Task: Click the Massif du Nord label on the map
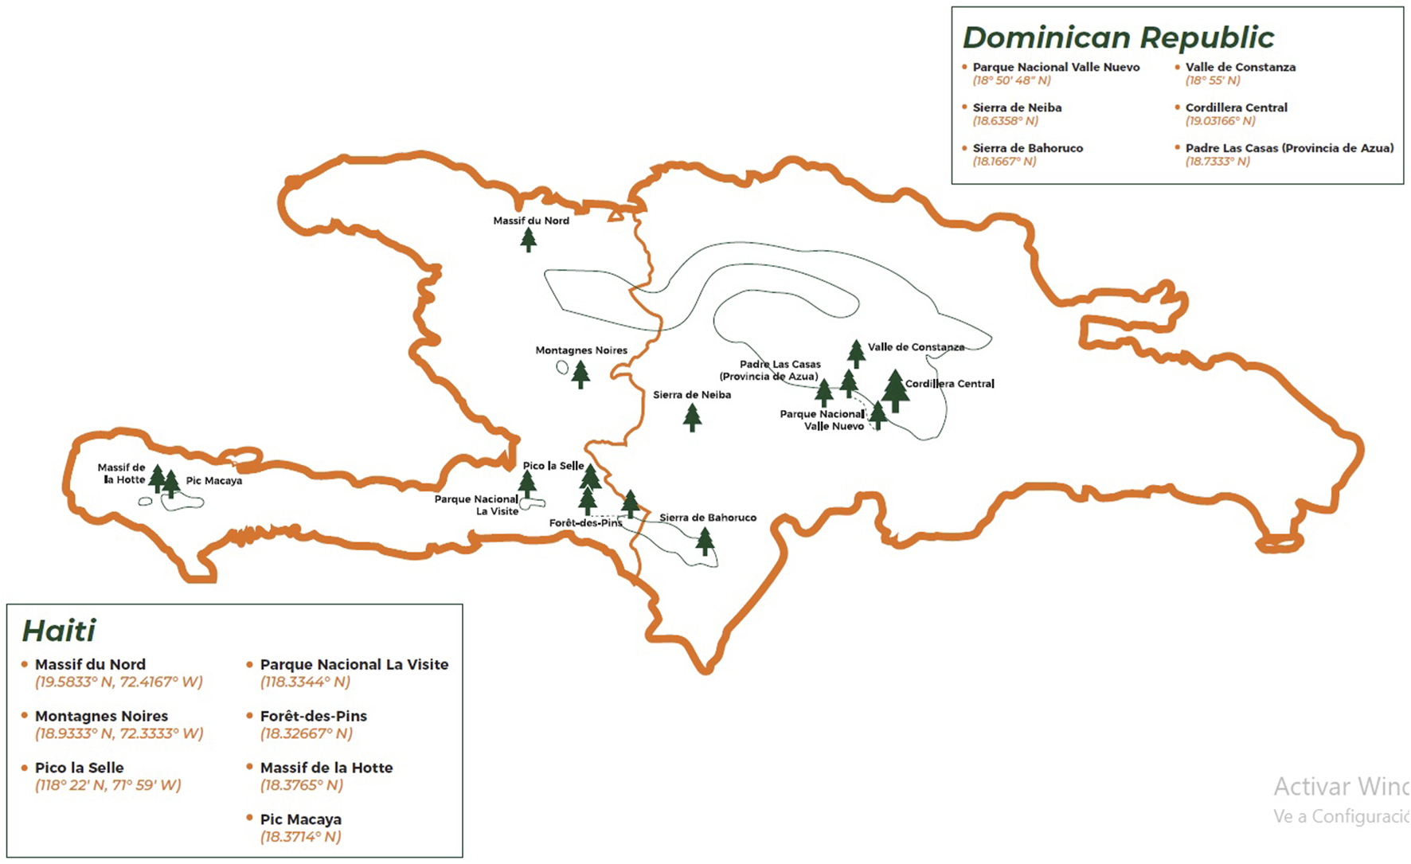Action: tap(531, 221)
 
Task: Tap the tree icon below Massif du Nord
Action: tap(528, 239)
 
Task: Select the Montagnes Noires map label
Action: tap(581, 350)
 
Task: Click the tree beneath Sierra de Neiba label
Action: tap(692, 416)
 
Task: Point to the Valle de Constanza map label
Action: tap(916, 347)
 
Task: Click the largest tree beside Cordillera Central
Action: tap(895, 390)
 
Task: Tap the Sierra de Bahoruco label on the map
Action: tap(708, 518)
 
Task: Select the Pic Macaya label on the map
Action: tap(214, 481)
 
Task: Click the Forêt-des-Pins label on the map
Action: tap(586, 523)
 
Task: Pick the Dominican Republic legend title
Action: tap(1118, 37)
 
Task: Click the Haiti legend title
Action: tap(59, 631)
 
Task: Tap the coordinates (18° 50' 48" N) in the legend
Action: tap(1011, 80)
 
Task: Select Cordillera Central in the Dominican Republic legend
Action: tap(1236, 108)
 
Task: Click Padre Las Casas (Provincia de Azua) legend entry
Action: tap(1289, 148)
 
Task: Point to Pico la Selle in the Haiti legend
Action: tap(80, 768)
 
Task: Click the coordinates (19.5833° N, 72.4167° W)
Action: tap(119, 682)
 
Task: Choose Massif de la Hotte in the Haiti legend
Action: tap(326, 768)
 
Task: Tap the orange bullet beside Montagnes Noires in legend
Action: tap(25, 715)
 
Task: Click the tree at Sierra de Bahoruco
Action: tap(705, 541)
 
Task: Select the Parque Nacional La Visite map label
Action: tap(476, 505)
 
